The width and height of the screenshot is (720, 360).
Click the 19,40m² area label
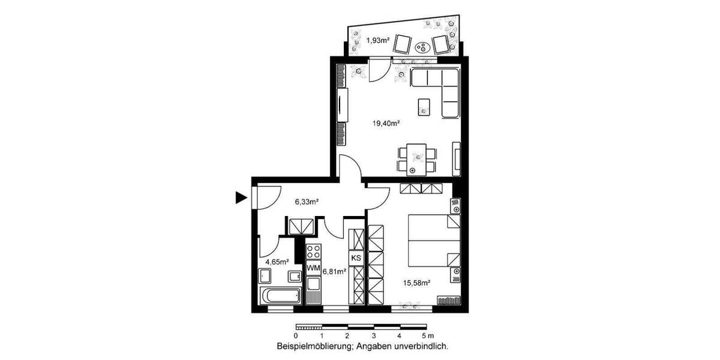click(x=386, y=124)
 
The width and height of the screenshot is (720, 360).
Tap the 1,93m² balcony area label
click(x=379, y=40)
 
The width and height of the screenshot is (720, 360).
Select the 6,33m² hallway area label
click(x=306, y=202)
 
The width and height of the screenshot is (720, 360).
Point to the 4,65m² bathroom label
click(x=277, y=262)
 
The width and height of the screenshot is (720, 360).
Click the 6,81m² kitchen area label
click(x=334, y=271)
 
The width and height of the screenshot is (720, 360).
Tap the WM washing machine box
click(x=313, y=266)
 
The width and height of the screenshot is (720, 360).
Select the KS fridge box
click(x=356, y=258)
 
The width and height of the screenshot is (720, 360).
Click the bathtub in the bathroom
click(x=280, y=296)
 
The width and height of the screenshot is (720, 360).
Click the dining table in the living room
click(x=415, y=158)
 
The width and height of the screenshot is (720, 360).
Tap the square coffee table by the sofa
click(x=425, y=107)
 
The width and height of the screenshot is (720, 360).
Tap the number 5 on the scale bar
click(x=424, y=336)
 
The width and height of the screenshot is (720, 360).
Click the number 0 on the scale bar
click(x=296, y=336)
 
